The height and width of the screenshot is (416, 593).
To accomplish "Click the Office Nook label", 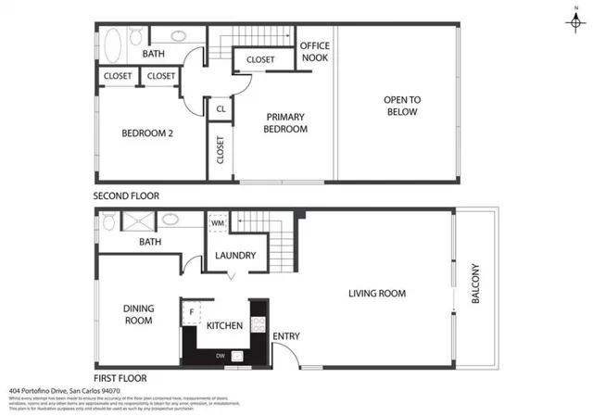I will pyautogui.click(x=314, y=52).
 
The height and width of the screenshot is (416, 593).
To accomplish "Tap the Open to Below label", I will pyautogui.click(x=401, y=106).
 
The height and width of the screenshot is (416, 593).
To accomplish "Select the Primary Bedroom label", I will pyautogui.click(x=286, y=123).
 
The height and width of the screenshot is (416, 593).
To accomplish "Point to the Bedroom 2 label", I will pyautogui.click(x=148, y=132).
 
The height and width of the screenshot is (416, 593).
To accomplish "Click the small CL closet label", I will pyautogui.click(x=221, y=109).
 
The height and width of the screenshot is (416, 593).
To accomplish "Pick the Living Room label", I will pyautogui.click(x=377, y=294).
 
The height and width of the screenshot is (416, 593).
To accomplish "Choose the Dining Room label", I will pyautogui.click(x=138, y=314).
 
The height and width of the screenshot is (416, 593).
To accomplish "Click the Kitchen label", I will pyautogui.click(x=224, y=326).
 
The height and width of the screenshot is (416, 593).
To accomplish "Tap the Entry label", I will pyautogui.click(x=285, y=336).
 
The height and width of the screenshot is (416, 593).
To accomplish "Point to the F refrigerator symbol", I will pyautogui.click(x=192, y=312).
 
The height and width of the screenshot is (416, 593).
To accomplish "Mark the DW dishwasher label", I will pyautogui.click(x=220, y=355).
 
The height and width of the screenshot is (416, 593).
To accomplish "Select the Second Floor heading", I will pyautogui.click(x=126, y=196).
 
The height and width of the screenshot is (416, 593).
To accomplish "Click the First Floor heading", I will pyautogui.click(x=120, y=378).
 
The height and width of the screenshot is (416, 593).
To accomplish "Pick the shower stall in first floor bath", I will pyautogui.click(x=137, y=221).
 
